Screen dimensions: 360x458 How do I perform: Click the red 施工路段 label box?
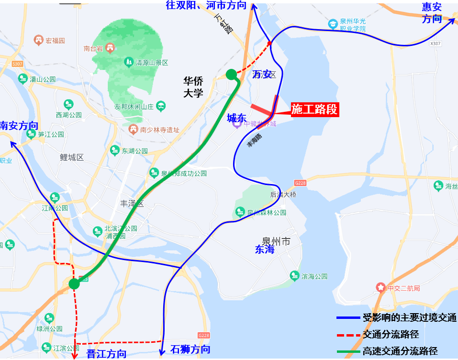coord(314,109)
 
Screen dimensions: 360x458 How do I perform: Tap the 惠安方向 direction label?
coord(432,13)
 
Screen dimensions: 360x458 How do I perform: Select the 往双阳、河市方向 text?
coord(206,5)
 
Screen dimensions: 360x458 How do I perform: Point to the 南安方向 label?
coord(19,126)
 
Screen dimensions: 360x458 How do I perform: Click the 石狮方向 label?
coord(190,349)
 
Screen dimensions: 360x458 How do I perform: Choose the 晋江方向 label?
coord(107,354)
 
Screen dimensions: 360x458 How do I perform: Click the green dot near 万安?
coord(231,74)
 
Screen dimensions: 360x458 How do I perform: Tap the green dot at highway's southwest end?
coord(74,284)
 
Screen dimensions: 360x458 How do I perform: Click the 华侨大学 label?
coord(193,87)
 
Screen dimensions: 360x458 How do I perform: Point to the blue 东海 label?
coord(265,249)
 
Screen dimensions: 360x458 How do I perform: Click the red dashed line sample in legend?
coord(348,334)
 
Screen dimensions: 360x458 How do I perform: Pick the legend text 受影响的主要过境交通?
coord(410,317)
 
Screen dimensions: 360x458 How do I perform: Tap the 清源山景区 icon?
coord(128,62)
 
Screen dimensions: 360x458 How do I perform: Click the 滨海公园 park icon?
coord(295,276)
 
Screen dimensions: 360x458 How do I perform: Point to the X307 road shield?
coord(435,44)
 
